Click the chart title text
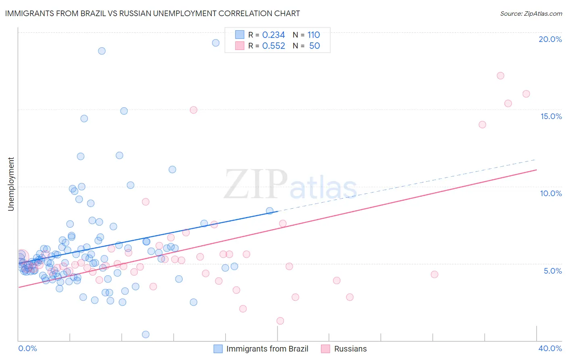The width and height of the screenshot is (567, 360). (x=152, y=13)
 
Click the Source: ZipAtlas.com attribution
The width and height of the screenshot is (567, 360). (x=531, y=14)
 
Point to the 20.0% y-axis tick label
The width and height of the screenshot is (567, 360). (x=550, y=39)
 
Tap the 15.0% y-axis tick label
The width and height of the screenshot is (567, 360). (x=551, y=116)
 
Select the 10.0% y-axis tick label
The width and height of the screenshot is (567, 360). (x=551, y=193)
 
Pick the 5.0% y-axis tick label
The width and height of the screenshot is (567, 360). (x=552, y=271)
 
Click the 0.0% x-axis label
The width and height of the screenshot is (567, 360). (x=27, y=348)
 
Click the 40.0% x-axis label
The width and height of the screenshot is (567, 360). (x=550, y=348)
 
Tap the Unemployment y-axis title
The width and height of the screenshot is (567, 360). (x=11, y=184)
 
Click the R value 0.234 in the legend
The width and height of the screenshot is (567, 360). (x=273, y=35)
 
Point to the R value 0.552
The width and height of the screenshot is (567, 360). (x=273, y=46)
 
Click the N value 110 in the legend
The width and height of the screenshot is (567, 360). (x=313, y=35)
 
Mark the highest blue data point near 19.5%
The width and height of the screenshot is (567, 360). (x=216, y=43)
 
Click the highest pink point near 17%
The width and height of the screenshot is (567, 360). (x=500, y=75)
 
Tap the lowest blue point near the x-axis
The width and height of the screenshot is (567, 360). (x=146, y=334)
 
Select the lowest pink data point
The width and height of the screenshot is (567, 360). (x=280, y=321)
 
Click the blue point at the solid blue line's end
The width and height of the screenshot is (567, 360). (x=270, y=211)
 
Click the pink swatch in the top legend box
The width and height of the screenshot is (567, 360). (x=240, y=46)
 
